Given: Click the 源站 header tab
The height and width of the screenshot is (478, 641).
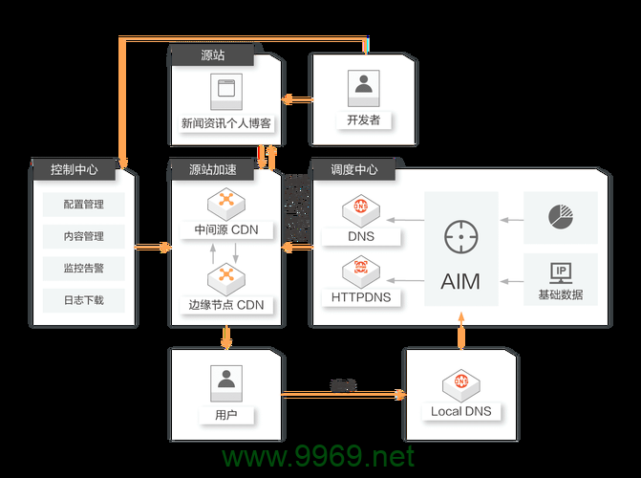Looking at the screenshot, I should coord(213,56).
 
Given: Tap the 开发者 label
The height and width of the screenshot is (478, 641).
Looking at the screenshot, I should coord(363,120).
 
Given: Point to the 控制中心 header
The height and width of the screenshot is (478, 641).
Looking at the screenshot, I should coord(75,170).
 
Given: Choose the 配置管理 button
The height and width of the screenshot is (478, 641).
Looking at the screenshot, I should coord(83,205).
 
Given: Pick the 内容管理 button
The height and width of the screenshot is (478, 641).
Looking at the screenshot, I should coord(83,236).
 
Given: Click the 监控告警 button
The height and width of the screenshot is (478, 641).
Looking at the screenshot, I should coord(83,269).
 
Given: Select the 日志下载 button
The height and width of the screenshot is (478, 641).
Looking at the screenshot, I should coord(83,300).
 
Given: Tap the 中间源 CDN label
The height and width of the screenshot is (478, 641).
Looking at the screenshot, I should coord(226,230).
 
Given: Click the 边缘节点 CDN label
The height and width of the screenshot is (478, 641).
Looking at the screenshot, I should coord(226,306).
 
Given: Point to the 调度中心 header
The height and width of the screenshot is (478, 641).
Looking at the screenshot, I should coord(354,170).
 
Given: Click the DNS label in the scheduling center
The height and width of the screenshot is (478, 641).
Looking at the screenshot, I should coord(361,235).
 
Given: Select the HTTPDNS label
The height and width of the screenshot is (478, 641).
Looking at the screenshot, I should coord(361,297).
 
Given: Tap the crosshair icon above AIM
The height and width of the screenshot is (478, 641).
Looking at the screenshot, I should coord(460,236).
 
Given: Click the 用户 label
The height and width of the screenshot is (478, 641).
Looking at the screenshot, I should coord(226,415).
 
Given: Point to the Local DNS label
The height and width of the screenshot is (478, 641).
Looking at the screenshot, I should coord(460,412).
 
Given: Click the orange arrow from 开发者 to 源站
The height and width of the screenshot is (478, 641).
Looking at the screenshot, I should coord(299,98).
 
